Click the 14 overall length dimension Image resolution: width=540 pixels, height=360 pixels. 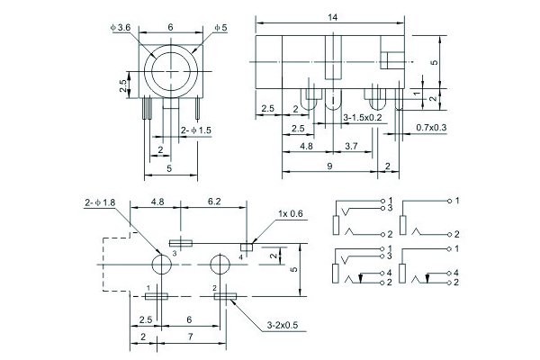[332, 16]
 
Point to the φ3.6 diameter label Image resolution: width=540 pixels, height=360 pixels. [120, 28]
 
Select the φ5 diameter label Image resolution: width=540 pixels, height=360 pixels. [220, 28]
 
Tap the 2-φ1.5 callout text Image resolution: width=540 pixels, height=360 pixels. [196, 130]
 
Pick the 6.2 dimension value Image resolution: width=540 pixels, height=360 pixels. [215, 203]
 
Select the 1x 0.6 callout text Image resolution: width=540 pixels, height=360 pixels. [291, 213]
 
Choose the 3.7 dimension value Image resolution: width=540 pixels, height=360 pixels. [352, 145]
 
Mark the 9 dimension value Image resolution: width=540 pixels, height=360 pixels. [331, 166]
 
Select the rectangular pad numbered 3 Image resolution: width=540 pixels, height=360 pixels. [182, 242]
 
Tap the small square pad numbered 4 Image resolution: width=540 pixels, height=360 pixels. [245, 244]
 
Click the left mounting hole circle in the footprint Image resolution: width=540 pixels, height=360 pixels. [161, 265]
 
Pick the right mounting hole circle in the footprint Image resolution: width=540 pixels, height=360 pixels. [220, 265]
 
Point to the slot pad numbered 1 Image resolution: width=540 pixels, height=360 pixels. [158, 294]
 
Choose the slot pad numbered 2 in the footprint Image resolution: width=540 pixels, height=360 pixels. [222, 294]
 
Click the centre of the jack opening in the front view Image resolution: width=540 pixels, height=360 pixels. [170, 70]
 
